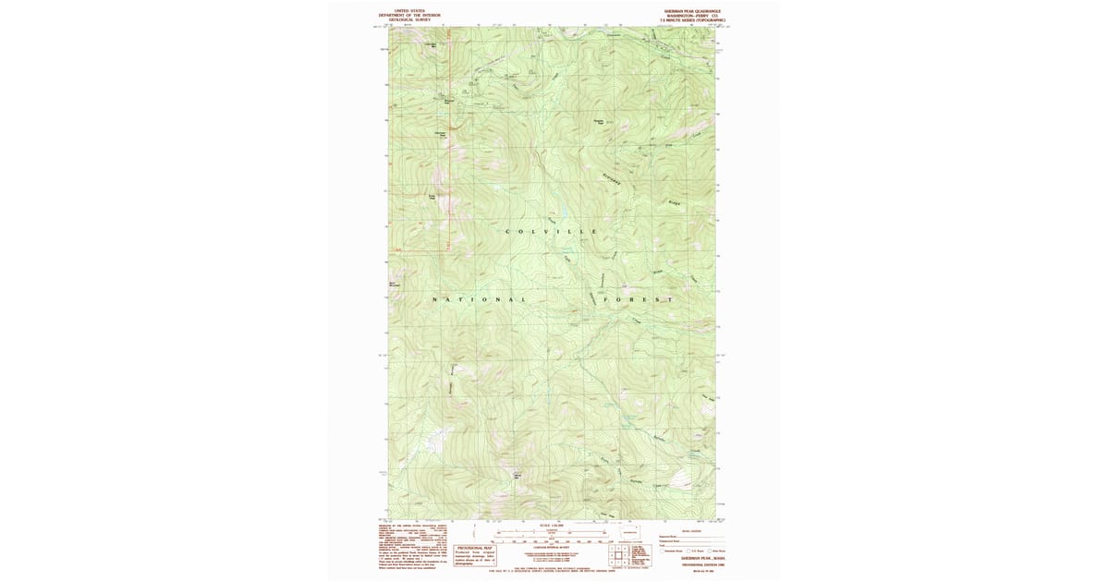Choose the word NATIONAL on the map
click(480, 300)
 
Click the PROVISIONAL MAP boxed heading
click(475, 548)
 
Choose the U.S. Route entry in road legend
click(713, 551)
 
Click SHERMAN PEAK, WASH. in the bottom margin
click(690, 559)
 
